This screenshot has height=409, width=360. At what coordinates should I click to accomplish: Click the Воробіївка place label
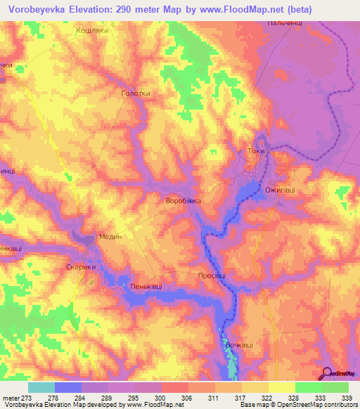click(183, 201)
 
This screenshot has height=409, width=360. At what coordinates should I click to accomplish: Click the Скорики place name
click(80, 267)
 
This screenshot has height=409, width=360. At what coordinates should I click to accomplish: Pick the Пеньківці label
click(146, 287)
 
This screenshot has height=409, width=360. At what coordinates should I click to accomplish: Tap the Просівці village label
click(212, 276)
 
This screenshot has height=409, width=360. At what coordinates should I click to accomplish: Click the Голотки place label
click(136, 93)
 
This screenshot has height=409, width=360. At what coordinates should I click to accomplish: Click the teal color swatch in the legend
click(41, 387)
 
